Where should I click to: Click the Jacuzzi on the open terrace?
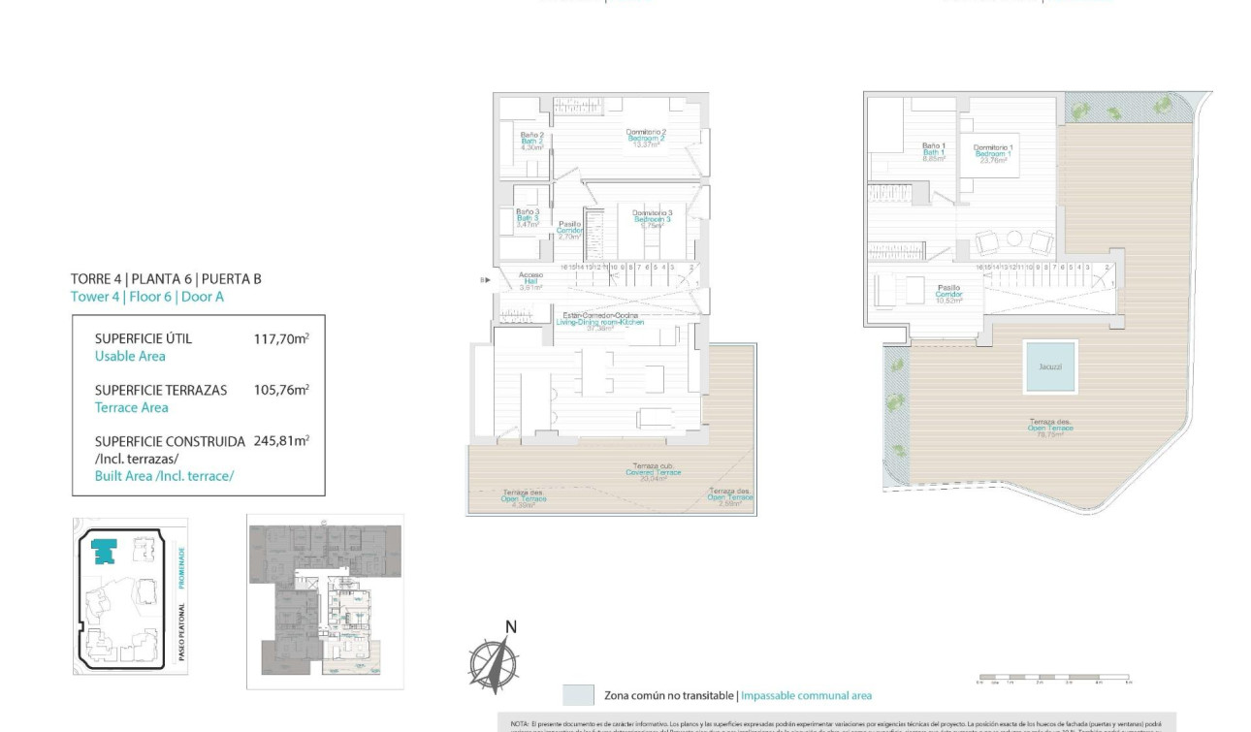[1050, 367]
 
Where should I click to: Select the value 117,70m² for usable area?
[280, 338]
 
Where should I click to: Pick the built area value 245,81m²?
[280, 441]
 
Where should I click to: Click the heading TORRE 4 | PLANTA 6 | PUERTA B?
[166, 279]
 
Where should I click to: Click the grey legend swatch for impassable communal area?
[579, 695]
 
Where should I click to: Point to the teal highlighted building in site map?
[102, 551]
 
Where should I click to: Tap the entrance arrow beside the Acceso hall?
[484, 280]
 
